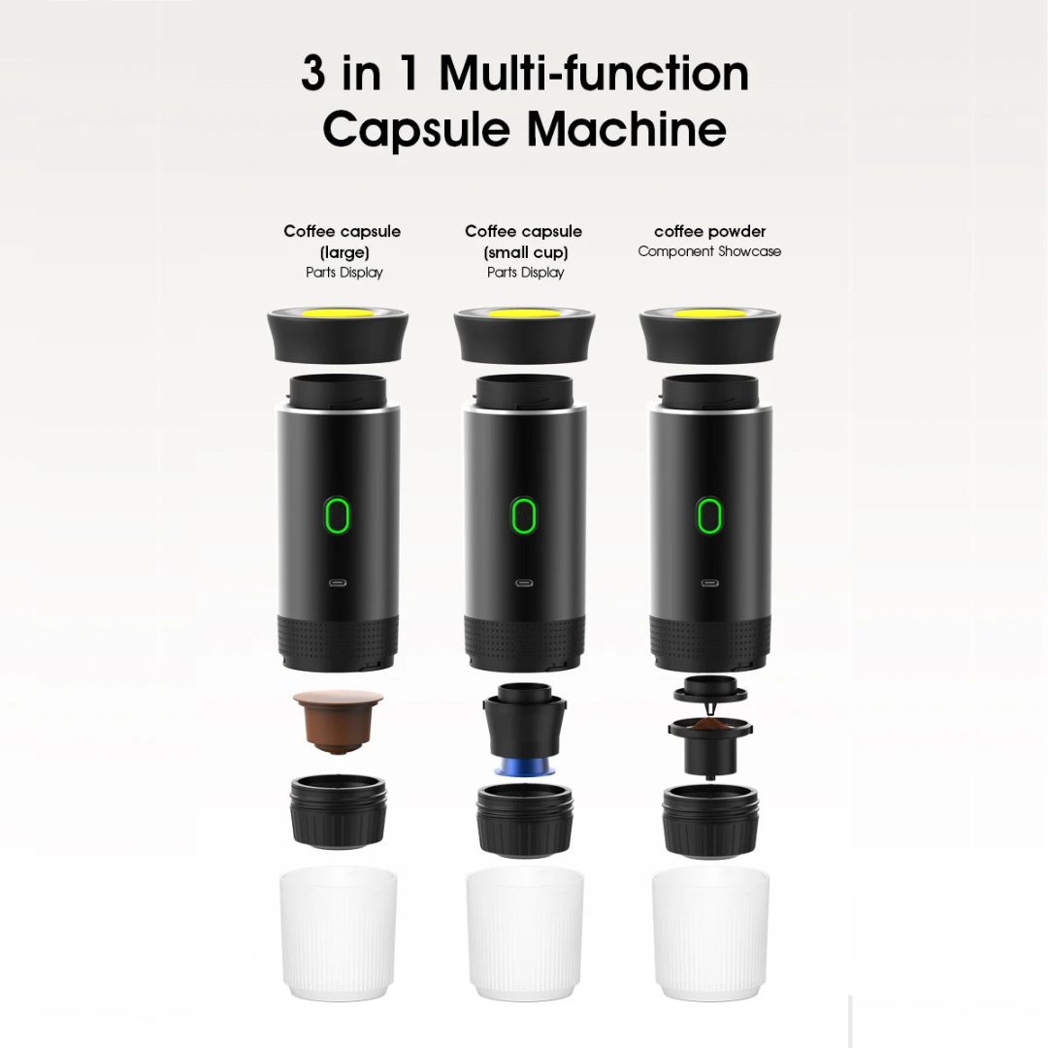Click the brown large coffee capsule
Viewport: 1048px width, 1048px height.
(339, 722)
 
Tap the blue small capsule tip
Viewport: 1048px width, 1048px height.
(525, 768)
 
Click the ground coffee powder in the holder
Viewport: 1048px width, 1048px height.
(709, 725)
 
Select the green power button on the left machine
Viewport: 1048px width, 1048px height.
(338, 514)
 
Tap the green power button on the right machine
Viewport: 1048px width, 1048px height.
(709, 514)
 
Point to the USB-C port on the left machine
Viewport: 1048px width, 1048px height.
(338, 583)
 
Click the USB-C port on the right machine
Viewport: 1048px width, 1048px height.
(709, 583)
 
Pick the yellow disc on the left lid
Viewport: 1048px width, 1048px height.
(339, 312)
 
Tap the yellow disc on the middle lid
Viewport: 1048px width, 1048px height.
(524, 312)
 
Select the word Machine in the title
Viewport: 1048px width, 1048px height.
(627, 129)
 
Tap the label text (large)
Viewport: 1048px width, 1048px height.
(344, 252)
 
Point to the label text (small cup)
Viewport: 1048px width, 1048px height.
(525, 252)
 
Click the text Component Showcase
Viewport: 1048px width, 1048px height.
(709, 251)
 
